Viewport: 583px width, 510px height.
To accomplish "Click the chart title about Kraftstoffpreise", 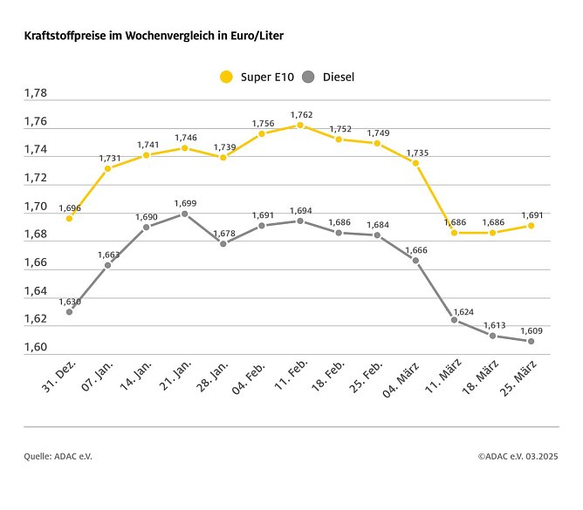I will (154, 37).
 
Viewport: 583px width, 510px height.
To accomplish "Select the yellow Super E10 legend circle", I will (226, 77).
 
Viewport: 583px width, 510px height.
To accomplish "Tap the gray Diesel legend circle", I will (308, 77).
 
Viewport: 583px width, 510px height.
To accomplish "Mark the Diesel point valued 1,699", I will (184, 214).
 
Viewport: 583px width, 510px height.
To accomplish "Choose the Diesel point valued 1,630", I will (69, 311).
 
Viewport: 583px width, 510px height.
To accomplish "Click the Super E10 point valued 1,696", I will (69, 218).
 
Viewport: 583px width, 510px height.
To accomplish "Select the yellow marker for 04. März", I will (415, 163).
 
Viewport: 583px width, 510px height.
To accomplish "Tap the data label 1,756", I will (262, 123).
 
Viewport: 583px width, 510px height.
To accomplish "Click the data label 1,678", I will (223, 233).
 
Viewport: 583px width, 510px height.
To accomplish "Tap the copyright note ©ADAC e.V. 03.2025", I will (518, 456).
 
